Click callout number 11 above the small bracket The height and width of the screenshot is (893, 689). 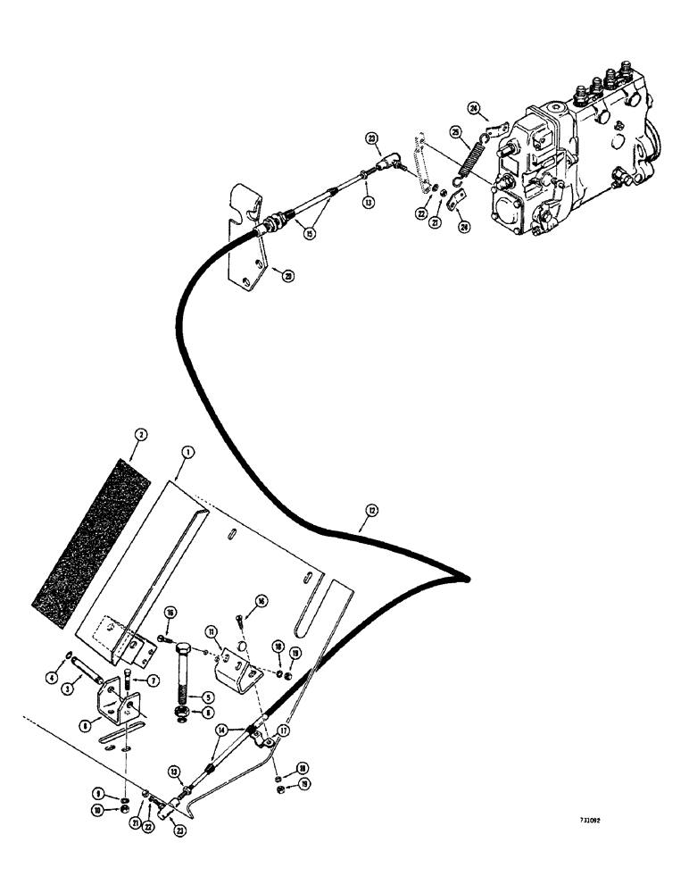(x=213, y=632)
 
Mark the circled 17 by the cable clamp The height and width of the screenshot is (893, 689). (x=283, y=730)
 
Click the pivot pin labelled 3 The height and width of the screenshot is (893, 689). (x=88, y=669)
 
